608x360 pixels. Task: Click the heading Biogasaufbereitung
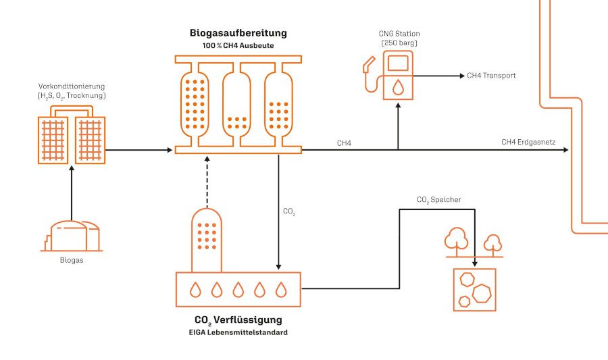238,32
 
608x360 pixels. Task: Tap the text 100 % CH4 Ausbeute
238,45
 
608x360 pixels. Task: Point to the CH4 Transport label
491,76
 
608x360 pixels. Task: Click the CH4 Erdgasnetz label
528,142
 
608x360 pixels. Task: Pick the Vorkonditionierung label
72,87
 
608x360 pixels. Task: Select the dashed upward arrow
207,179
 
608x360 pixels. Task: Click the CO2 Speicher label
439,200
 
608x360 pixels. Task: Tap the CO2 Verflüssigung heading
238,319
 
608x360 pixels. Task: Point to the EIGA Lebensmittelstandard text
238,332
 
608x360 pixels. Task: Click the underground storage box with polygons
474,289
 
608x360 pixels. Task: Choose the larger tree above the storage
456,240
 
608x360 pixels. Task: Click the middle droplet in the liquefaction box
238,290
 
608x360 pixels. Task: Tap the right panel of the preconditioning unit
90,140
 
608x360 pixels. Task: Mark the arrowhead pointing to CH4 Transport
461,76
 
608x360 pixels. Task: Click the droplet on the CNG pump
399,86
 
